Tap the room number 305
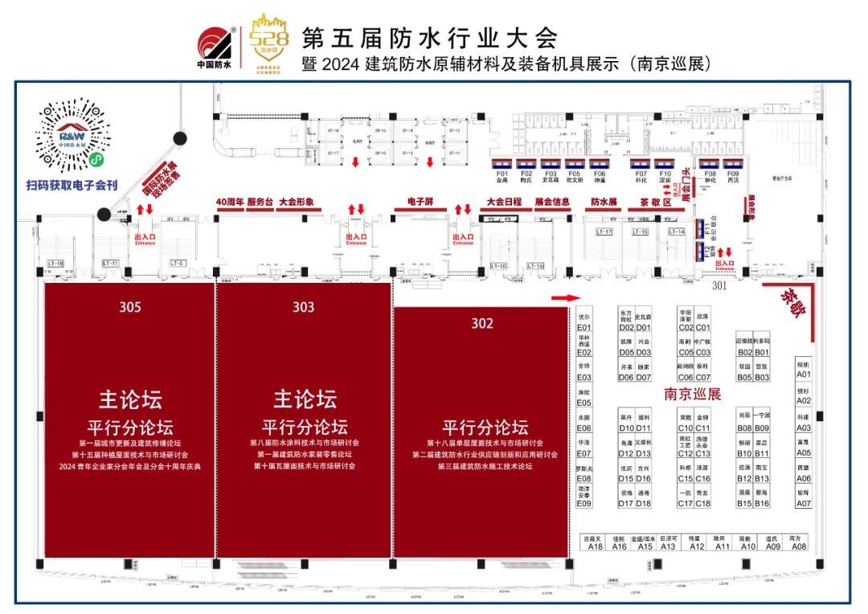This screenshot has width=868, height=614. (130, 307)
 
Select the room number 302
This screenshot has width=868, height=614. (482, 323)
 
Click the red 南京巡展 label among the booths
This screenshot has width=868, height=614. (693, 395)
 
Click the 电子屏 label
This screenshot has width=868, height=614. (420, 203)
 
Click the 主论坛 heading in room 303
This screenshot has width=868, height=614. (305, 399)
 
